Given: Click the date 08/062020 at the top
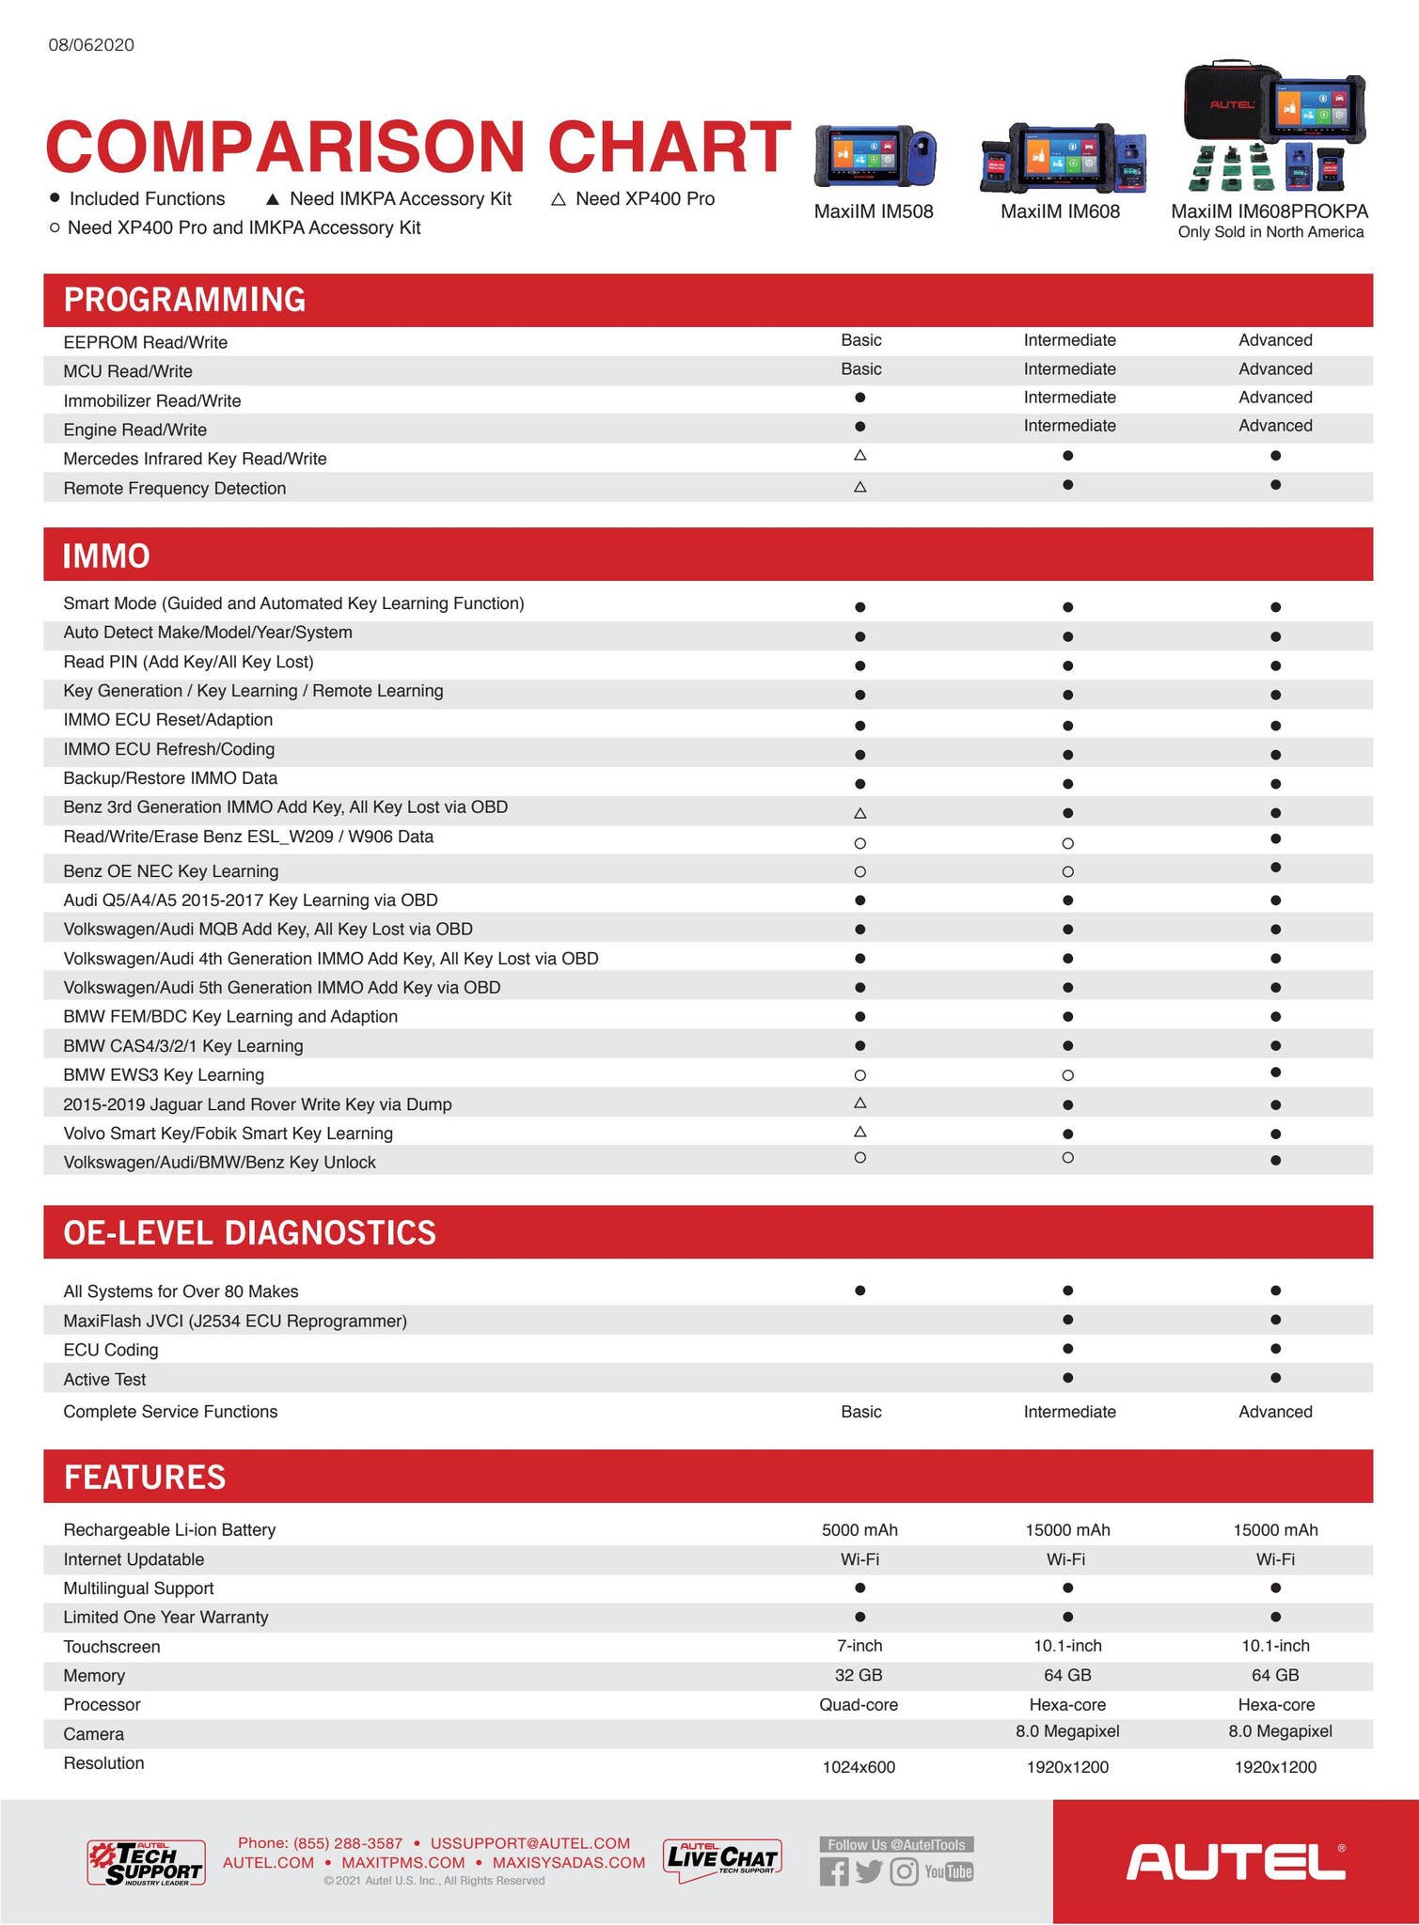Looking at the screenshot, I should point(91,45).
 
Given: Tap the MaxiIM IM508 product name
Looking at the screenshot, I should point(874,211).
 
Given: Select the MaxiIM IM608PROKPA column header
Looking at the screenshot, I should point(1269,211).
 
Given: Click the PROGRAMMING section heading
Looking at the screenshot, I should point(184,300).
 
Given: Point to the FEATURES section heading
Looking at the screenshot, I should point(145,1477).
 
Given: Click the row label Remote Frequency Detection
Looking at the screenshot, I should point(175,489).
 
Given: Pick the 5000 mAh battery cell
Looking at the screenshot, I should point(859,1530).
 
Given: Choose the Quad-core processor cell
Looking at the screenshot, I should point(859,1705).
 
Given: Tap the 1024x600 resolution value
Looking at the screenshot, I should point(859,1767).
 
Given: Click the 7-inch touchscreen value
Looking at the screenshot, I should point(859,1646).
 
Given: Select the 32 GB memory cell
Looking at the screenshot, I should point(859,1675).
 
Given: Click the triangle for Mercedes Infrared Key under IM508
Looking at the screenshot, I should point(859,456).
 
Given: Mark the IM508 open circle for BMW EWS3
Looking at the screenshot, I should point(859,1075).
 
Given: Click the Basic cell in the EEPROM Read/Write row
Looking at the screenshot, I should point(861,340).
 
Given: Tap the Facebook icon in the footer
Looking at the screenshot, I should point(833,1871).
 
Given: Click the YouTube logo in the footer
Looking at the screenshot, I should point(949,1871).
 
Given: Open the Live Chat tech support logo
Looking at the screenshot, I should point(722,1860).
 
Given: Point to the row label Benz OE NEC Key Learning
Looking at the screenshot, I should point(171,871).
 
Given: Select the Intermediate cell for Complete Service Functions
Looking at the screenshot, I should point(1069,1412).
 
